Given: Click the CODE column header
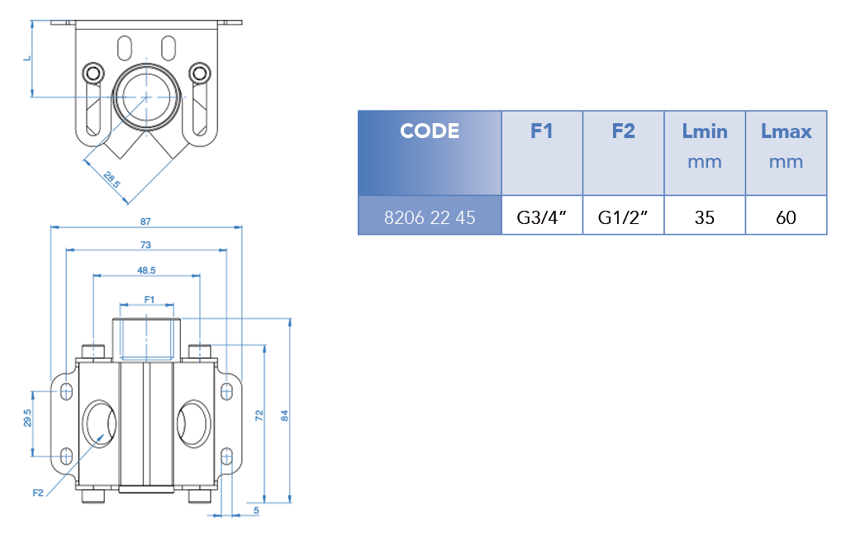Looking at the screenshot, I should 430,131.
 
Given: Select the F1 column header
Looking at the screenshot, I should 541,131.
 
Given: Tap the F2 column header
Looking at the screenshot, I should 623,131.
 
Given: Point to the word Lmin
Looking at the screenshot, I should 705,131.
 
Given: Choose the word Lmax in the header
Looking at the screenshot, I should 786,131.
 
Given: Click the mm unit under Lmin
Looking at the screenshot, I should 705,162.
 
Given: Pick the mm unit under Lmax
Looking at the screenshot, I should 786,162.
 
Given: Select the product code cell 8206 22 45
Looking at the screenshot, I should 430,218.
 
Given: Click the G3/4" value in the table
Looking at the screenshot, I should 541,218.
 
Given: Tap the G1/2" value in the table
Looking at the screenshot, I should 623,218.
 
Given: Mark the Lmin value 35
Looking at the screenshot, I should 705,218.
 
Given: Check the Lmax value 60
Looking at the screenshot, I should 786,218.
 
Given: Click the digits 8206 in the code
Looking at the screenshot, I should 402,218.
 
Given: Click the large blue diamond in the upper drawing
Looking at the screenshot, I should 147,98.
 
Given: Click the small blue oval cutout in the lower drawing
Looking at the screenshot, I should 99,433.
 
